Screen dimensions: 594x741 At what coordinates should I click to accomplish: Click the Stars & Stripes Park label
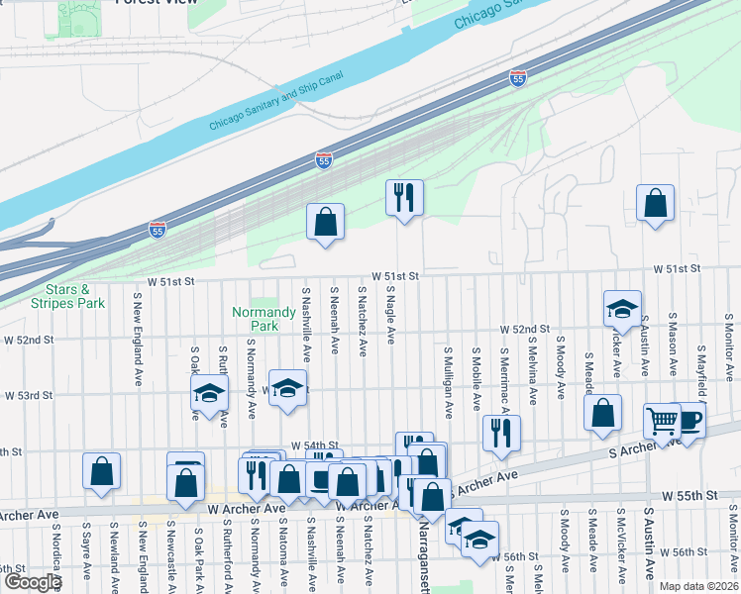[x=67, y=296]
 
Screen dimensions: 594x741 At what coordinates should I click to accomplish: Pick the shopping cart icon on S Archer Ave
[x=662, y=420]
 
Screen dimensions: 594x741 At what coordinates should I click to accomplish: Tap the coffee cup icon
[x=689, y=420]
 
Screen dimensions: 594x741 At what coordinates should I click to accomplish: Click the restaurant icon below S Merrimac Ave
[x=501, y=432]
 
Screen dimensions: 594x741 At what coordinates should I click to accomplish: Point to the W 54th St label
[x=315, y=446]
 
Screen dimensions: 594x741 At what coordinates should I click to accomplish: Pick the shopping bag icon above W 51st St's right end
[x=656, y=204]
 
